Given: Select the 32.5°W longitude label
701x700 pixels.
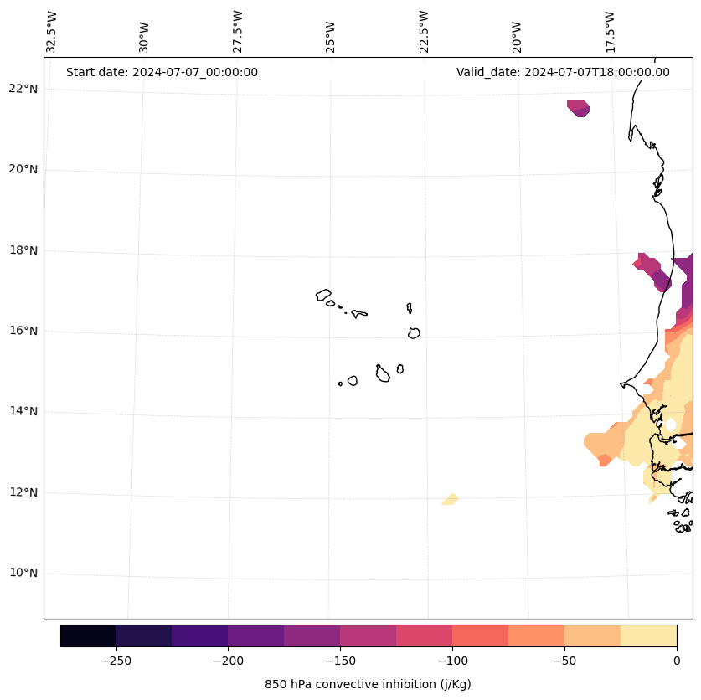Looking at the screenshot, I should pos(52,32).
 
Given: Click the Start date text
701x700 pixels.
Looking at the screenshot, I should pos(162,72).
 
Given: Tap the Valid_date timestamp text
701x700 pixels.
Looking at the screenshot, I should pos(563,72).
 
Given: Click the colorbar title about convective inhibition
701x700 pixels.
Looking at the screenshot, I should pos(368,684).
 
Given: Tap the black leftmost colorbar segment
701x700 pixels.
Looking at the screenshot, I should pos(88,636).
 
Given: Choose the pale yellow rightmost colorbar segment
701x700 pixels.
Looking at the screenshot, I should pos(648,636).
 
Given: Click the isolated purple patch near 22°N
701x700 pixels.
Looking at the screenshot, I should pos(579,108).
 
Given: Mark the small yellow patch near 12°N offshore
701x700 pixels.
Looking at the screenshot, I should pos(451,500).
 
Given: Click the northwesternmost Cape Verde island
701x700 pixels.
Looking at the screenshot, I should pos(323,295).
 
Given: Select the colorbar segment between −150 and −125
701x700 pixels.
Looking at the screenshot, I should pos(368,636).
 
